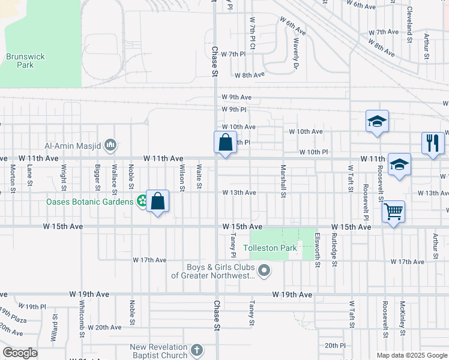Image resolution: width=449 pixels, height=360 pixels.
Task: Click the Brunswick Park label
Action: (25, 61)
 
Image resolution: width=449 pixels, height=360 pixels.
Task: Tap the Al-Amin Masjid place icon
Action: (110, 145)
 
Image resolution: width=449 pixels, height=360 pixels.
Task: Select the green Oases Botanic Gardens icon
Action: (142, 201)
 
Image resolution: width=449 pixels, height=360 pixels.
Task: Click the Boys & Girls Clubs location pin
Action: (265, 272)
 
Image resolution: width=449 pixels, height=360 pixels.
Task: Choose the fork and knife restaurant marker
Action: (433, 143)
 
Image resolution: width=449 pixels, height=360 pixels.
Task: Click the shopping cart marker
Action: (393, 211)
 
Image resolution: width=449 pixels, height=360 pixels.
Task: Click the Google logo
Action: (20, 353)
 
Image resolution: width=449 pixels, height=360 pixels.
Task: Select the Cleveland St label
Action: (410, 20)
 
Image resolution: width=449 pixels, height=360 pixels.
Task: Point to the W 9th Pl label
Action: (234, 110)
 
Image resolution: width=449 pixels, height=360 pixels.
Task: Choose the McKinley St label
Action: (403, 318)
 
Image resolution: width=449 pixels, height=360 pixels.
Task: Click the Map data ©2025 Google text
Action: (411, 355)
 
